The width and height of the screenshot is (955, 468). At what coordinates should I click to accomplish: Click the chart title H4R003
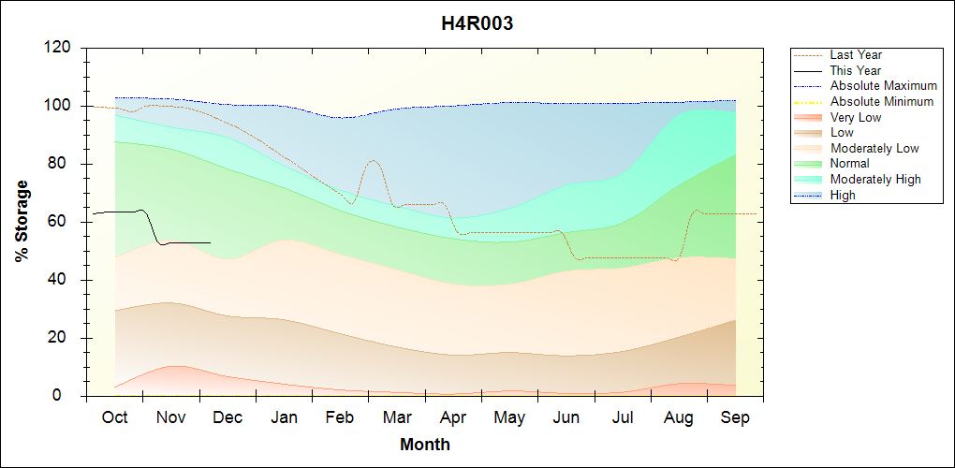pyautogui.click(x=477, y=24)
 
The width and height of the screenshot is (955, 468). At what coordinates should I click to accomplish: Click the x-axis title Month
pyautogui.click(x=425, y=445)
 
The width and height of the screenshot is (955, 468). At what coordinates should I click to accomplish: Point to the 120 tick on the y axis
pyautogui.click(x=59, y=48)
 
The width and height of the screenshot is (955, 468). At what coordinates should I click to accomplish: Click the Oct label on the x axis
pyautogui.click(x=114, y=417)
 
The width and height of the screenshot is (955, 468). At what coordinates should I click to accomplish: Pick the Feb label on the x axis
pyautogui.click(x=340, y=417)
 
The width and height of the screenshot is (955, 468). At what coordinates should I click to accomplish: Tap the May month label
pyautogui.click(x=509, y=417)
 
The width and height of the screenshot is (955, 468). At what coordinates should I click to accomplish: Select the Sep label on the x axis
pyautogui.click(x=735, y=417)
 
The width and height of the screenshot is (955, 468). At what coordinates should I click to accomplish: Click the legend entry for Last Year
pyautogui.click(x=856, y=55)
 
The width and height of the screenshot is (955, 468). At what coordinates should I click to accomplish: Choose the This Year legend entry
pyautogui.click(x=856, y=70)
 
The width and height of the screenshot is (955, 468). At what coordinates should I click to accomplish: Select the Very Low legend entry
pyautogui.click(x=856, y=117)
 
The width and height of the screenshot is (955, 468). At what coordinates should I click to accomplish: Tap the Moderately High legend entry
pyautogui.click(x=875, y=179)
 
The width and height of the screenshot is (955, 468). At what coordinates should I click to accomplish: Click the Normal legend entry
pyautogui.click(x=849, y=164)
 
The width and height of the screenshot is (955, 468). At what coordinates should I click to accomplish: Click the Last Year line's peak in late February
pyautogui.click(x=373, y=161)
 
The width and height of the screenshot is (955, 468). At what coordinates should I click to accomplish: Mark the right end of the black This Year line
pyautogui.click(x=211, y=242)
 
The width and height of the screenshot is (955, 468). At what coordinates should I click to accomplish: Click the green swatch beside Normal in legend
pyautogui.click(x=808, y=164)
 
